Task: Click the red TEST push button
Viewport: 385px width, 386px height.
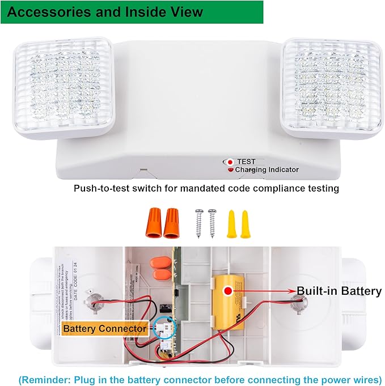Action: pyautogui.click(x=230, y=162)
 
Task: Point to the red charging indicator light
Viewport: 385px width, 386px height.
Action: pyautogui.click(x=230, y=169)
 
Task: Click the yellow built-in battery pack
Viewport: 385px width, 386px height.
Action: pyautogui.click(x=232, y=300)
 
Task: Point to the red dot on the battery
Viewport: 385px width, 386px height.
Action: pyautogui.click(x=228, y=291)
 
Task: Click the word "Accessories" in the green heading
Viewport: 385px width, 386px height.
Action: pyautogui.click(x=48, y=11)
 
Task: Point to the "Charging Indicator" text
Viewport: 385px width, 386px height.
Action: pyautogui.click(x=267, y=169)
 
